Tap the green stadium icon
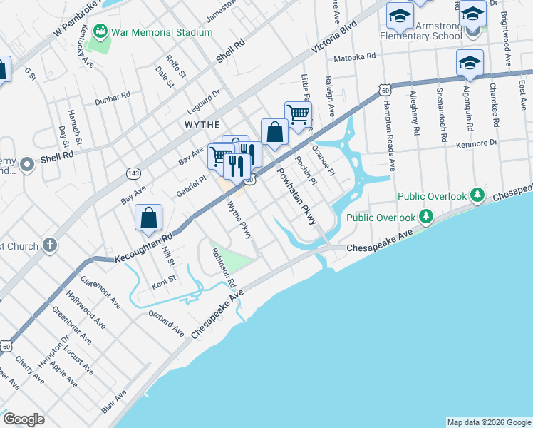(x=100, y=32)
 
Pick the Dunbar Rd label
(x=115, y=94)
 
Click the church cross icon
(x=48, y=246)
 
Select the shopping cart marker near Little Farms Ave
(x=298, y=114)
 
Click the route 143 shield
(x=133, y=173)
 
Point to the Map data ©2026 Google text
(x=488, y=422)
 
